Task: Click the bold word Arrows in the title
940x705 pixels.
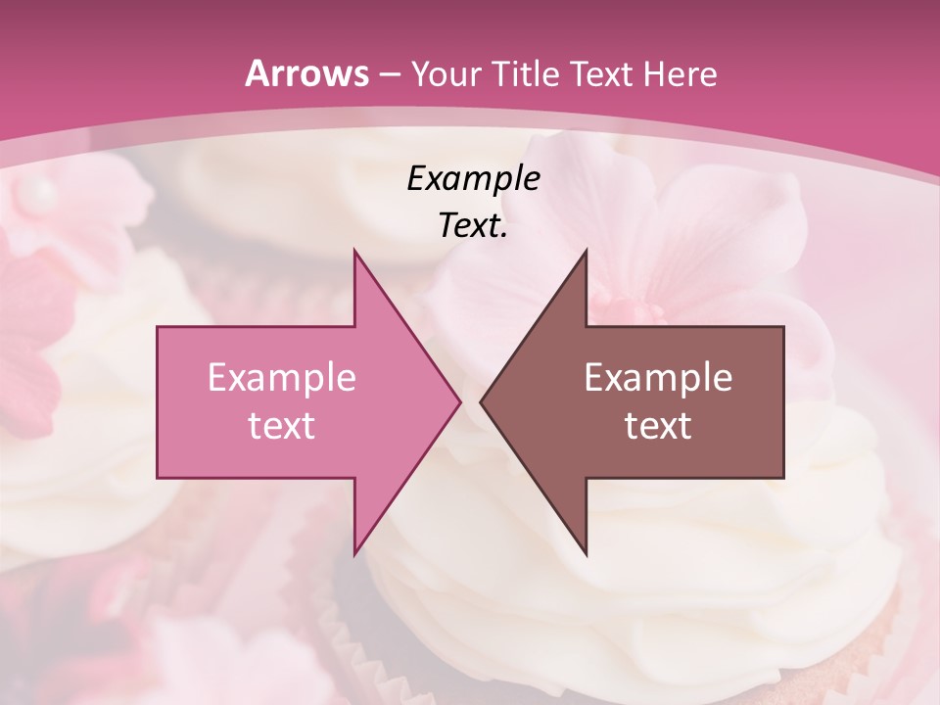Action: pyautogui.click(x=306, y=73)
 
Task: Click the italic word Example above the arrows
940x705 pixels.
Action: pyautogui.click(x=473, y=179)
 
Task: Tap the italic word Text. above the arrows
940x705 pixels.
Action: pyautogui.click(x=473, y=226)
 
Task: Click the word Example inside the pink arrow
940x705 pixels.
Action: pyautogui.click(x=282, y=377)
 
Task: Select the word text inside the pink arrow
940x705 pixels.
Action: pyautogui.click(x=282, y=425)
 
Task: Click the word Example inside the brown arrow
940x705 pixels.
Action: pyautogui.click(x=658, y=377)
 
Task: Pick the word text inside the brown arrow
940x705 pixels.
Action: pyautogui.click(x=658, y=425)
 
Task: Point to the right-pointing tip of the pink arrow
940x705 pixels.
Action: pyautogui.click(x=460, y=401)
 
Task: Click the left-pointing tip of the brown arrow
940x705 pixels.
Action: pyautogui.click(x=481, y=401)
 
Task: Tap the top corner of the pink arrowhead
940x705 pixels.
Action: pyautogui.click(x=354, y=251)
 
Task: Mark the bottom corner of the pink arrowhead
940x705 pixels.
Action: pyautogui.click(x=354, y=554)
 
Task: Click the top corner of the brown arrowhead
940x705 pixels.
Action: pyautogui.click(x=586, y=251)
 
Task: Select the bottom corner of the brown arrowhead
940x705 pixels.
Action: pyautogui.click(x=586, y=554)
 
